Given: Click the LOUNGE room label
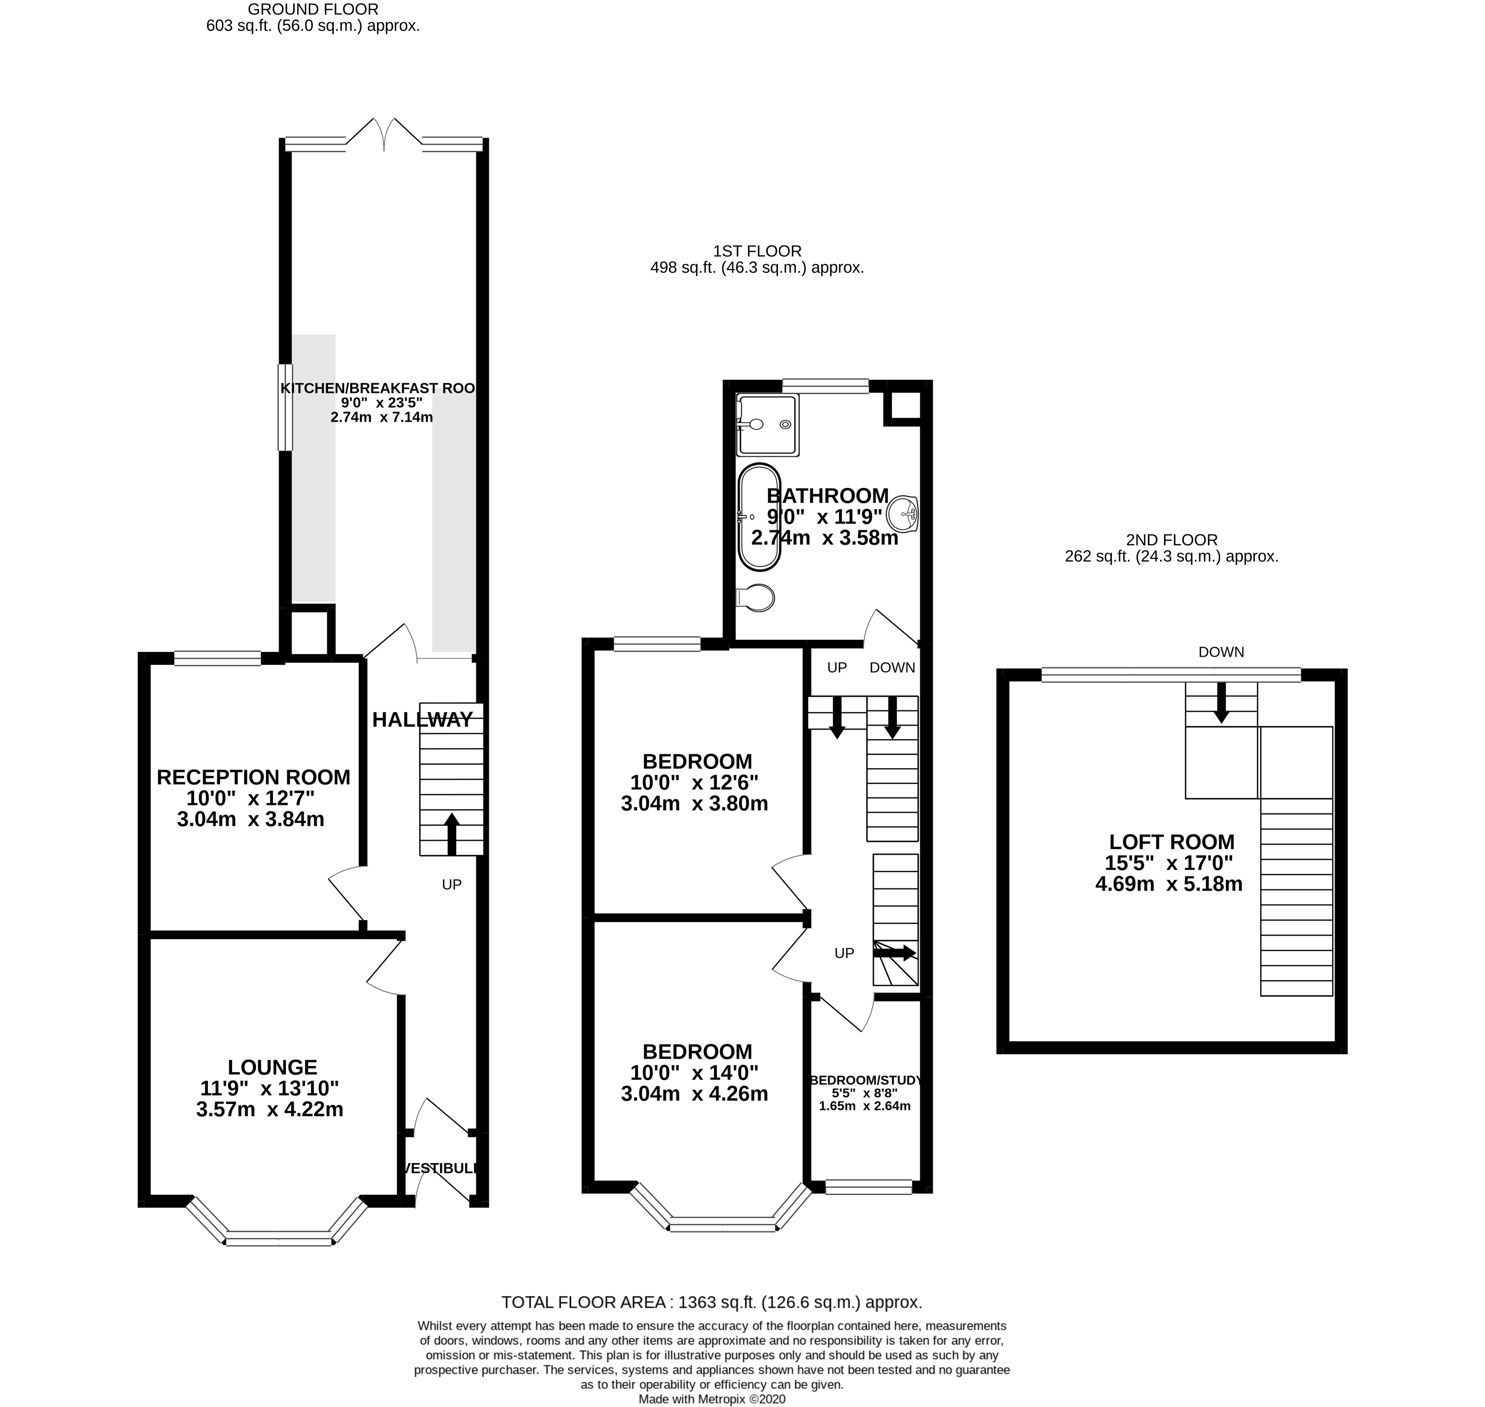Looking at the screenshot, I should point(272,1067).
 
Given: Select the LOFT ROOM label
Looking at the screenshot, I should point(1171,842).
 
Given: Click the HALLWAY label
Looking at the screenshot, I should point(423,720).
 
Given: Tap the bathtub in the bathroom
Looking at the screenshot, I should point(759,517).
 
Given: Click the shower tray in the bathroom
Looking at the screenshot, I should point(767,424).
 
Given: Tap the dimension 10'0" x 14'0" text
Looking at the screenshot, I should point(694,1072).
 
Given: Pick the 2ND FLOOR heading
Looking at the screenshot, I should point(1171,539).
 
